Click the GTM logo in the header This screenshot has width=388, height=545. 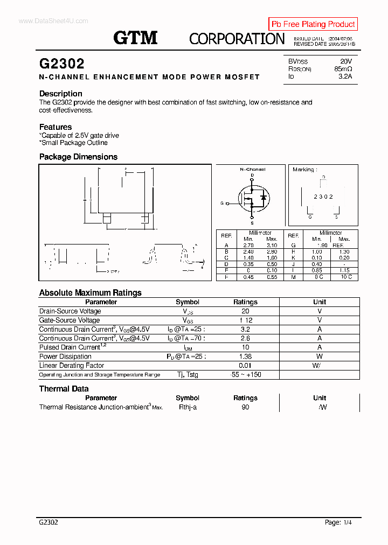click(x=135, y=38)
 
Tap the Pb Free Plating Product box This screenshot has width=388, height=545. click(x=313, y=24)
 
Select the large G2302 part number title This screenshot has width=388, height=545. click(x=62, y=64)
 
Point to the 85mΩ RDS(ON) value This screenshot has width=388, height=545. click(x=343, y=69)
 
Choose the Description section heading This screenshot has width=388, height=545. click(x=61, y=94)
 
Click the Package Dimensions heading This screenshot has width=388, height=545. click(x=78, y=157)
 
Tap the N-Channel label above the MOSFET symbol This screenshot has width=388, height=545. click(x=252, y=169)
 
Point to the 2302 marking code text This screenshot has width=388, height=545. click(x=323, y=197)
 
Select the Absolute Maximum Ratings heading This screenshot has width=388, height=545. click(x=91, y=292)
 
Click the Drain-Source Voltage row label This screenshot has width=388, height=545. click(x=70, y=311)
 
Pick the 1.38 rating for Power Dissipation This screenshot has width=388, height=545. click(x=245, y=357)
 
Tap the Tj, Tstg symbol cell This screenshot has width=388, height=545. click(x=188, y=375)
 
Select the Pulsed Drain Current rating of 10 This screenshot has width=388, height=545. click(x=245, y=347)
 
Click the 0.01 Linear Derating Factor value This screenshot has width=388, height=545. click(x=245, y=366)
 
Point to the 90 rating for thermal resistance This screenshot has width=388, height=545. click(x=245, y=408)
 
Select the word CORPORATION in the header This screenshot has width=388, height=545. click(x=237, y=38)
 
